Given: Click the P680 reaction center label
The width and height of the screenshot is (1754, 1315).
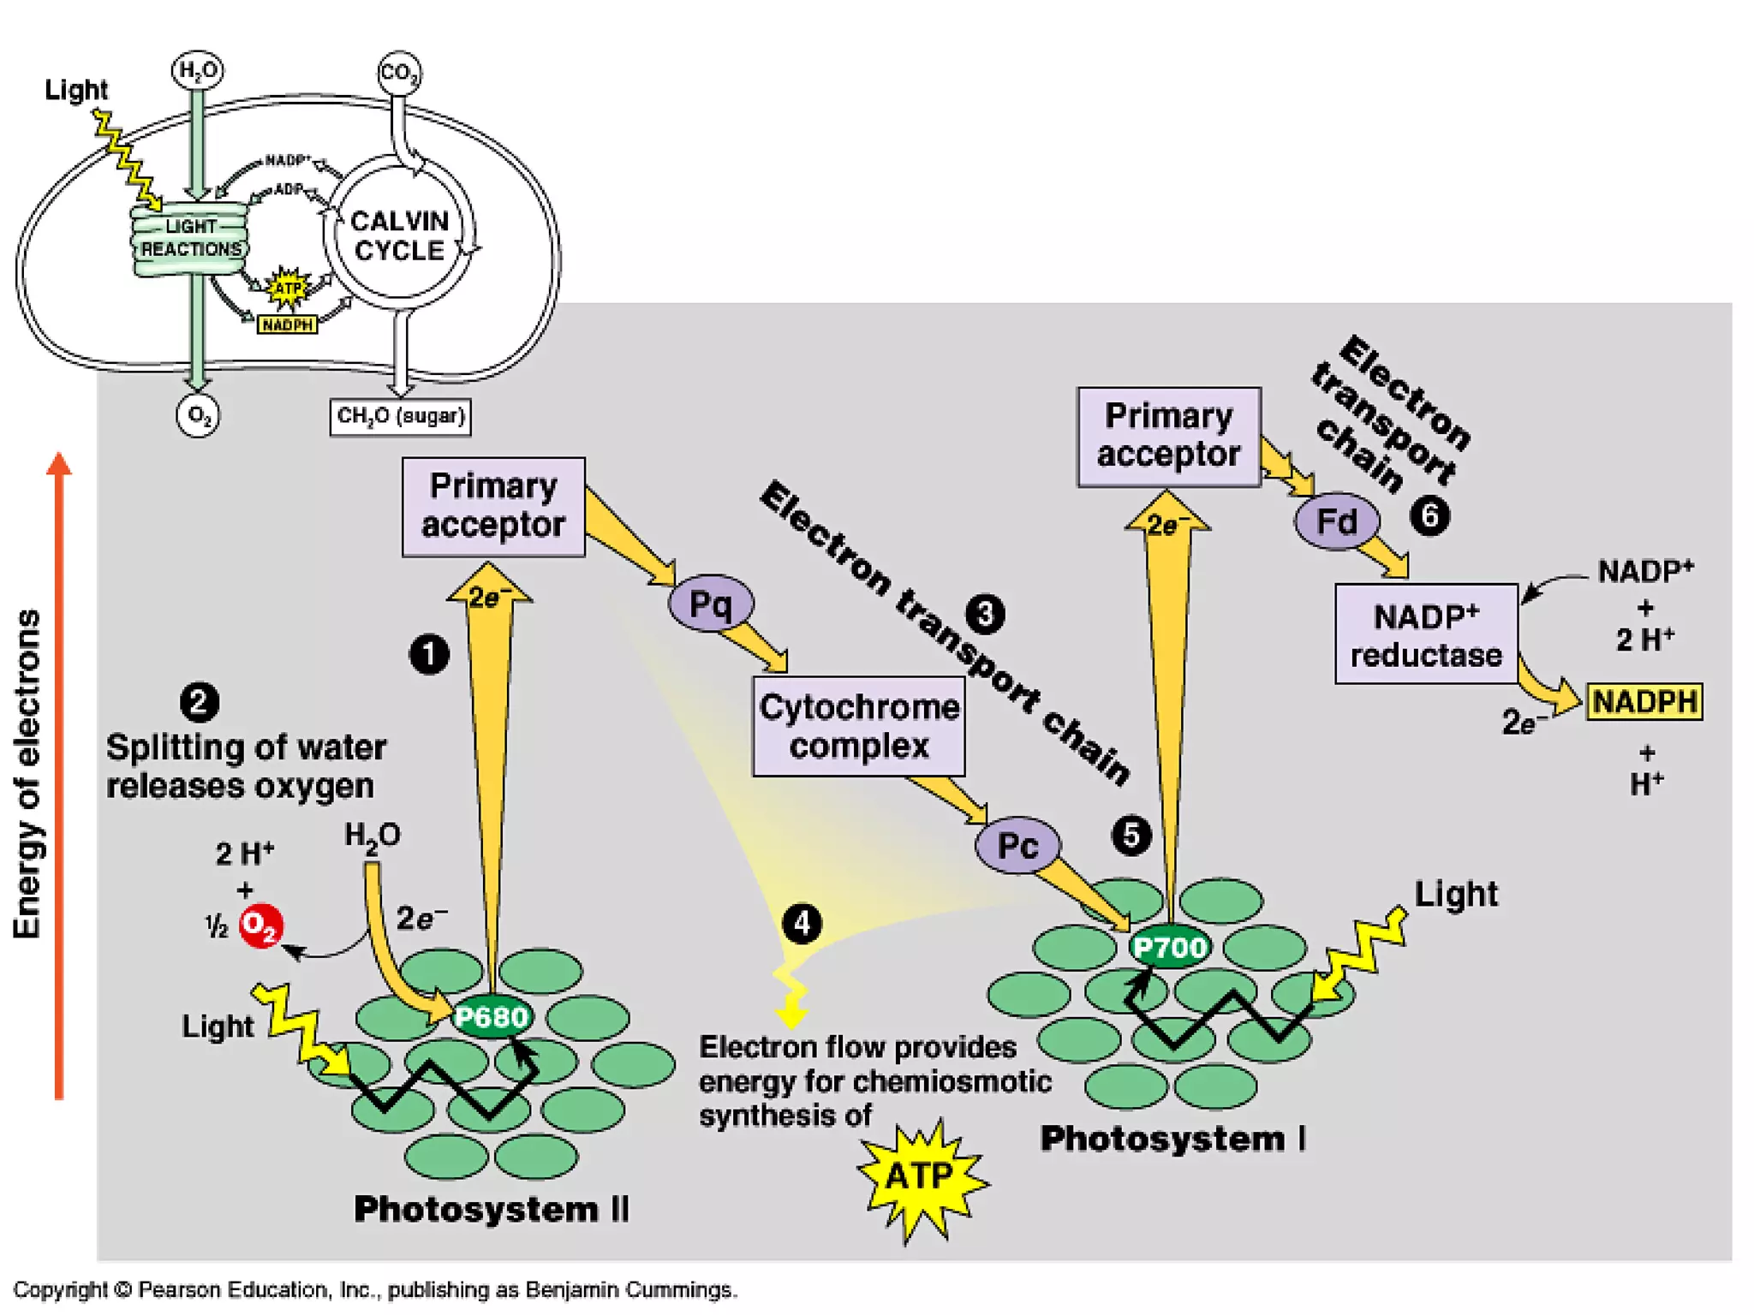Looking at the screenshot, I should coord(492,1017).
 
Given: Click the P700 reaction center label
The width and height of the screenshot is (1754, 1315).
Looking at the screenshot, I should coord(1170,947).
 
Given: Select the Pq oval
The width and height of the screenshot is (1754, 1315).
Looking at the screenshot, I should coord(711,604).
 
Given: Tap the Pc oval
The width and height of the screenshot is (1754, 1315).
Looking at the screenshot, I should coord(1017,846).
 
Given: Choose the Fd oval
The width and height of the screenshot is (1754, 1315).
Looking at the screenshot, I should coord(1337,521).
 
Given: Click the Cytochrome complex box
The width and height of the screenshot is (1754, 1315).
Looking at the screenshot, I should coord(859,726).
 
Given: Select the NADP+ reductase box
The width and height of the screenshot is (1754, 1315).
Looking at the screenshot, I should coord(1426,634).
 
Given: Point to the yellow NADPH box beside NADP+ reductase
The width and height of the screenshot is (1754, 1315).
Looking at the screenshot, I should coord(1644,702).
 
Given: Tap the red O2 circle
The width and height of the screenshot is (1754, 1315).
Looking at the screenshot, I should coord(260,925).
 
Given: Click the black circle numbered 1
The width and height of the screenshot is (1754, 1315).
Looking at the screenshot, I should coord(429,655).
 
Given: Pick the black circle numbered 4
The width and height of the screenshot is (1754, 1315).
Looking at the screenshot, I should coord(802,923).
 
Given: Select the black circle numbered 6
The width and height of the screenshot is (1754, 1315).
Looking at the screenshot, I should coord(1429,516).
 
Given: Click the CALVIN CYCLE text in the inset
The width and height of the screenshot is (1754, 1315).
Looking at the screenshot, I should coord(399,235).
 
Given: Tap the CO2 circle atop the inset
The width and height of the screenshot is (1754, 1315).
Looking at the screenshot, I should coord(399,73).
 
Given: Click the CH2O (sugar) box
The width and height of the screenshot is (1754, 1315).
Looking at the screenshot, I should coord(400,417).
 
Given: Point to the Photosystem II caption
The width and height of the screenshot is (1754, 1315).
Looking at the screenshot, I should coord(491,1209).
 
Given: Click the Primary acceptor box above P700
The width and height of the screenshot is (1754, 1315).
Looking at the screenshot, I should coord(1169,437).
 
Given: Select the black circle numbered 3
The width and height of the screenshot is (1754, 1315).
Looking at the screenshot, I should coord(985,614).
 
